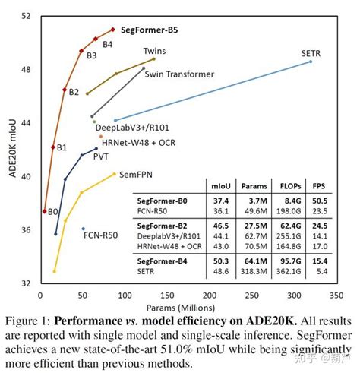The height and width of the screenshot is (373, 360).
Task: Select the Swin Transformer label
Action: point(179,74)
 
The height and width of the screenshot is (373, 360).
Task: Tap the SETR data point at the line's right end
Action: point(311,62)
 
